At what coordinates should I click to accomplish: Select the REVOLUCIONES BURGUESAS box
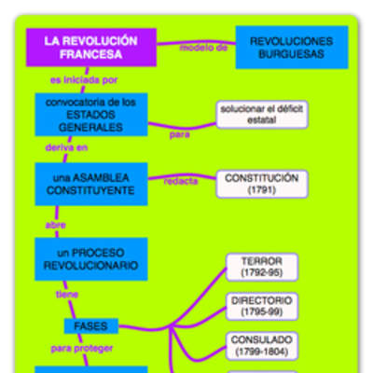293,48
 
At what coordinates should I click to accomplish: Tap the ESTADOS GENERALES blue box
90,114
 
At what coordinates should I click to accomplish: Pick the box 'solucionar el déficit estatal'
261,115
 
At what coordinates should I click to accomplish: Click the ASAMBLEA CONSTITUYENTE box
90,184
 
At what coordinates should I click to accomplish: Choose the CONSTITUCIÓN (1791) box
261,183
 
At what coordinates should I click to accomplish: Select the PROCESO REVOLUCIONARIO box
90,259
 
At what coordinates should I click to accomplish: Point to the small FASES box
90,326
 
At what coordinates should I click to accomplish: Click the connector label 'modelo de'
202,47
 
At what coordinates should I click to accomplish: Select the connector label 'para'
179,133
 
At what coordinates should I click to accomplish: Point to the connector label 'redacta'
181,181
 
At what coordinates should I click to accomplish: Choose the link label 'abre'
55,225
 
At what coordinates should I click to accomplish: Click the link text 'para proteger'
82,348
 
